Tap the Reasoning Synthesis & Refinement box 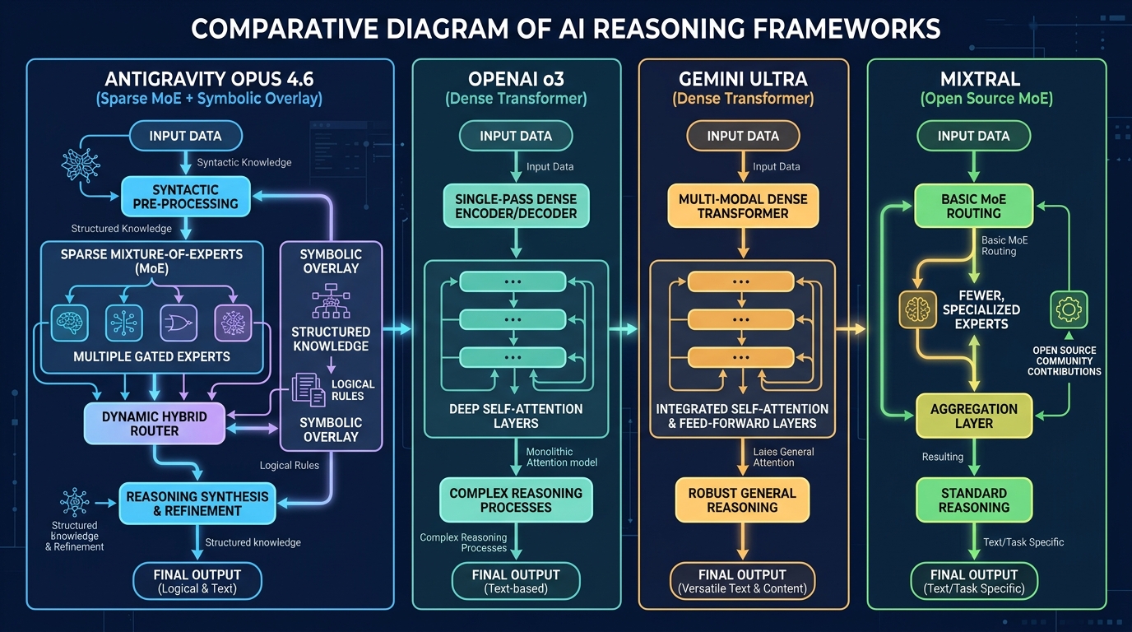pos(197,504)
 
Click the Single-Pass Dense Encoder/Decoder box pos(516,206)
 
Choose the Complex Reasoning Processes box pos(516,500)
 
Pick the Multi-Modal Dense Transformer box pos(743,206)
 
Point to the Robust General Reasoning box pos(742,500)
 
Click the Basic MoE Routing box pos(974,206)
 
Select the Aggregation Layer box pos(974,416)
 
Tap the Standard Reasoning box pos(974,500)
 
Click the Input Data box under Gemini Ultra pos(743,136)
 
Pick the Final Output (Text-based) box pos(516,580)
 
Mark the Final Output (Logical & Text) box pos(197,580)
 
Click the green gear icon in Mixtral pos(1069,310)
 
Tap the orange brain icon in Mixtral pos(916,310)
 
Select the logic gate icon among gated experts pos(178,323)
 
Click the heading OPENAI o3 pos(516,79)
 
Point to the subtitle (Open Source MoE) pos(974,100)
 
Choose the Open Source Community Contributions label pos(1065,360)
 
